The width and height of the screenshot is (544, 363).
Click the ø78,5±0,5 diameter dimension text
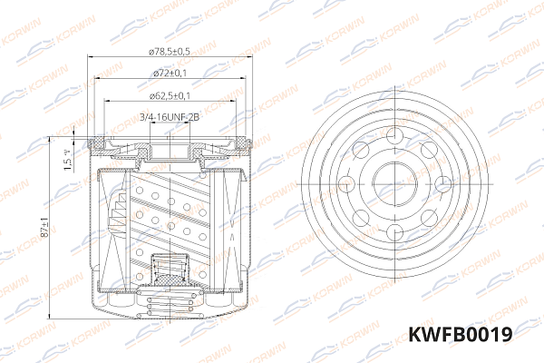pyautogui.click(x=170, y=52)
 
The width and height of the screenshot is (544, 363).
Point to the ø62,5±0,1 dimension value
pyautogui.click(x=170, y=94)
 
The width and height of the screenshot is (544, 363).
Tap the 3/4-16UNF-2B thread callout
pyautogui.click(x=169, y=117)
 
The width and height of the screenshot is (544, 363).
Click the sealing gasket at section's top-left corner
pyautogui.click(x=97, y=142)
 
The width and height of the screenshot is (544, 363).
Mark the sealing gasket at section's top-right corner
pyautogui.click(x=241, y=142)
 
